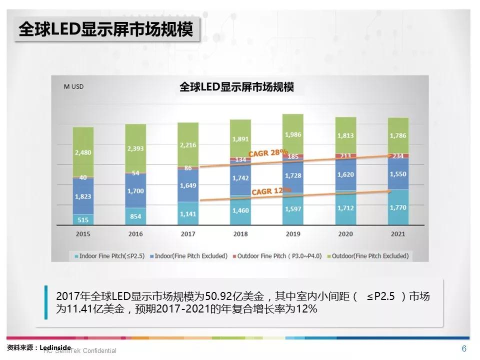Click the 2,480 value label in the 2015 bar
click(x=83, y=152)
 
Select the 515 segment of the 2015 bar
click(x=83, y=219)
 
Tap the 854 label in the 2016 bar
click(x=135, y=216)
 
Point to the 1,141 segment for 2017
click(x=188, y=213)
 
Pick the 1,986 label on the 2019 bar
click(x=293, y=134)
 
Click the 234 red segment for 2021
click(x=398, y=155)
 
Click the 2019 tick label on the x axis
click(x=293, y=233)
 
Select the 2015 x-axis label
click(x=83, y=233)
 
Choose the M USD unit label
click(x=73, y=86)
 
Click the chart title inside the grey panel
click(x=236, y=87)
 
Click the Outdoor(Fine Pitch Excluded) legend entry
click(x=369, y=255)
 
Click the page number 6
click(x=464, y=348)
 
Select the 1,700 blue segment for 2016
click(x=135, y=190)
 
